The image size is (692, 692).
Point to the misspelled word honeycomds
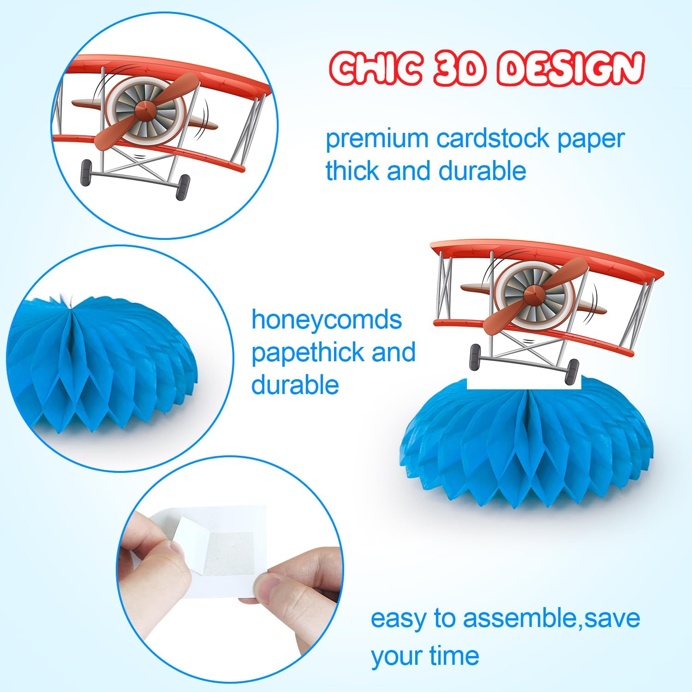pos(327,319)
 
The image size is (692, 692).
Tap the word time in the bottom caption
pos(453,655)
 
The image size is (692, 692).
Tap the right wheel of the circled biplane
pos(183,187)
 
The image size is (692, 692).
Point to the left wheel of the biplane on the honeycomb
pos(475,356)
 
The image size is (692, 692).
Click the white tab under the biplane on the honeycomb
pos(525,383)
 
